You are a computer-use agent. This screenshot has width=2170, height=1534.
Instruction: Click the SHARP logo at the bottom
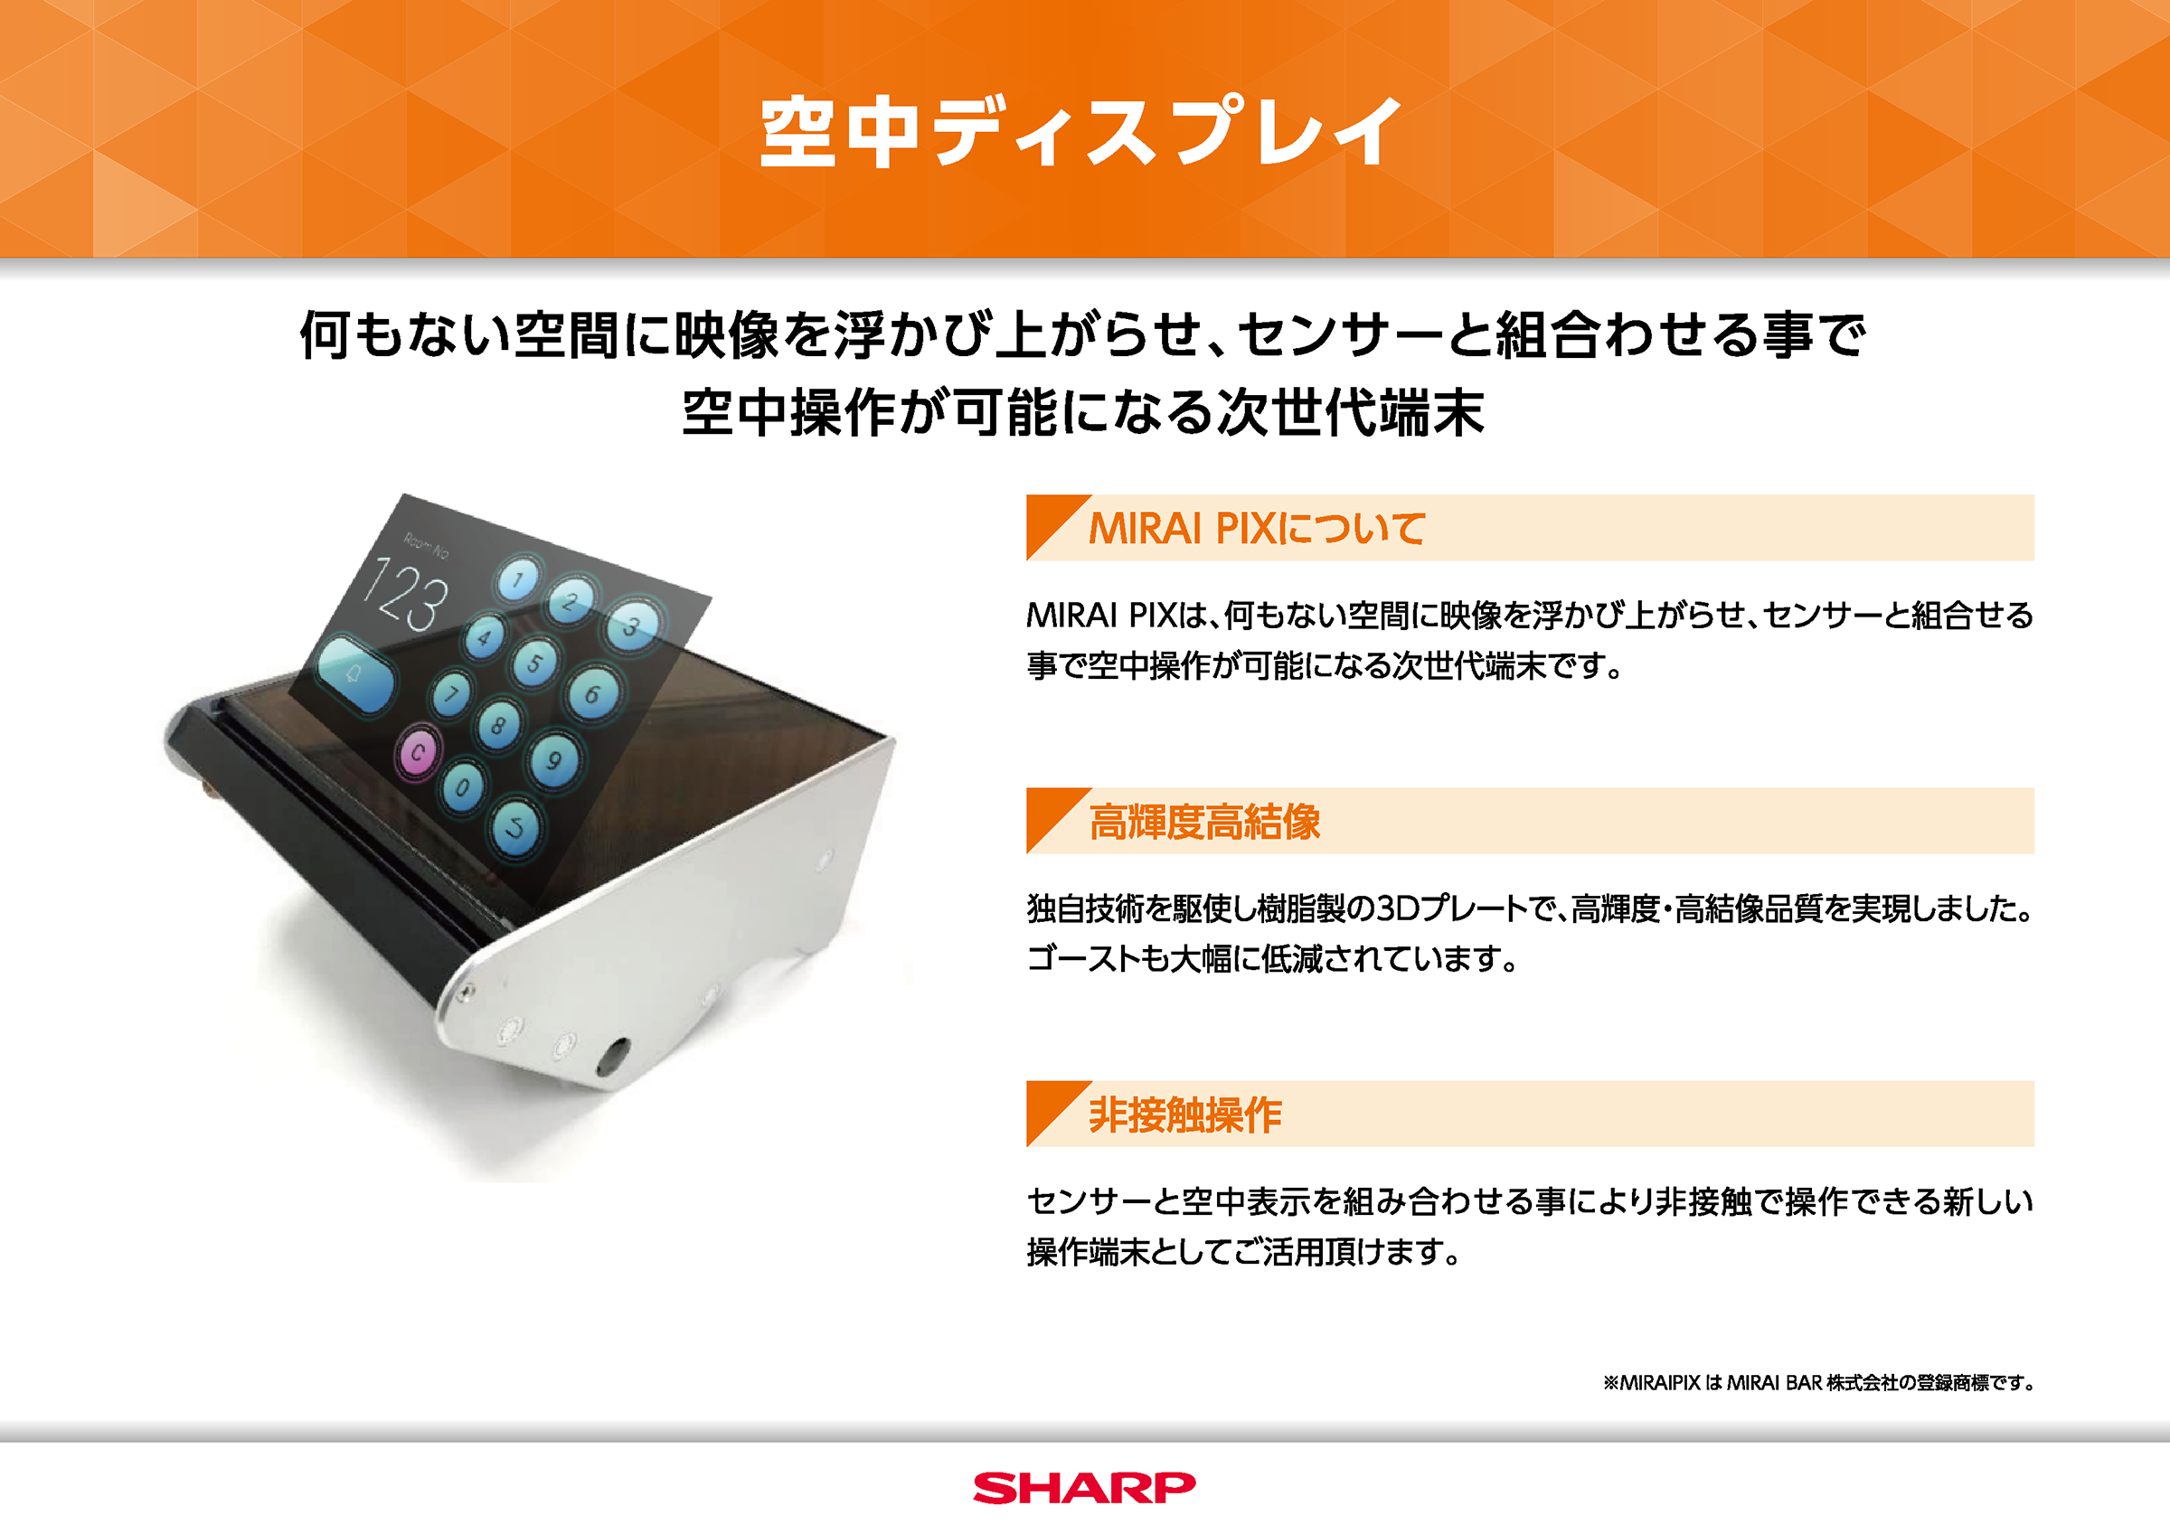click(1084, 1488)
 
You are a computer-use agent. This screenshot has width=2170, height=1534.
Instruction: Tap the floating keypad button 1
click(518, 579)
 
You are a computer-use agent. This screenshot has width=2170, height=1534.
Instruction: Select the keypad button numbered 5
click(535, 663)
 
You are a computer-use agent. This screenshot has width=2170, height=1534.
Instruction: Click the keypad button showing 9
click(555, 760)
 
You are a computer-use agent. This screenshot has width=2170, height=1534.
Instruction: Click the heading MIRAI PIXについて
click(1257, 528)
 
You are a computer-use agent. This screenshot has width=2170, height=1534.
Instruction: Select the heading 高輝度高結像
click(1205, 822)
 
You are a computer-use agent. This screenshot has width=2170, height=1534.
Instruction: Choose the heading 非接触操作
click(1185, 1115)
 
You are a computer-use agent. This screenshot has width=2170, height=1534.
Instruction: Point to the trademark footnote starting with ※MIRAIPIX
click(1818, 1383)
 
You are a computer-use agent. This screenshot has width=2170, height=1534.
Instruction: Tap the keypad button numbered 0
click(462, 786)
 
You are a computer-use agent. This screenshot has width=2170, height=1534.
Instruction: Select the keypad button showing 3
click(631, 625)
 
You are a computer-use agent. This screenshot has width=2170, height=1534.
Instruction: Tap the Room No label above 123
click(426, 545)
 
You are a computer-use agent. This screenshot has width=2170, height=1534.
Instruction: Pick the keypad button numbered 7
click(453, 696)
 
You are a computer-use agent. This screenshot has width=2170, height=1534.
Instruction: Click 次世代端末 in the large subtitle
click(1351, 413)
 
